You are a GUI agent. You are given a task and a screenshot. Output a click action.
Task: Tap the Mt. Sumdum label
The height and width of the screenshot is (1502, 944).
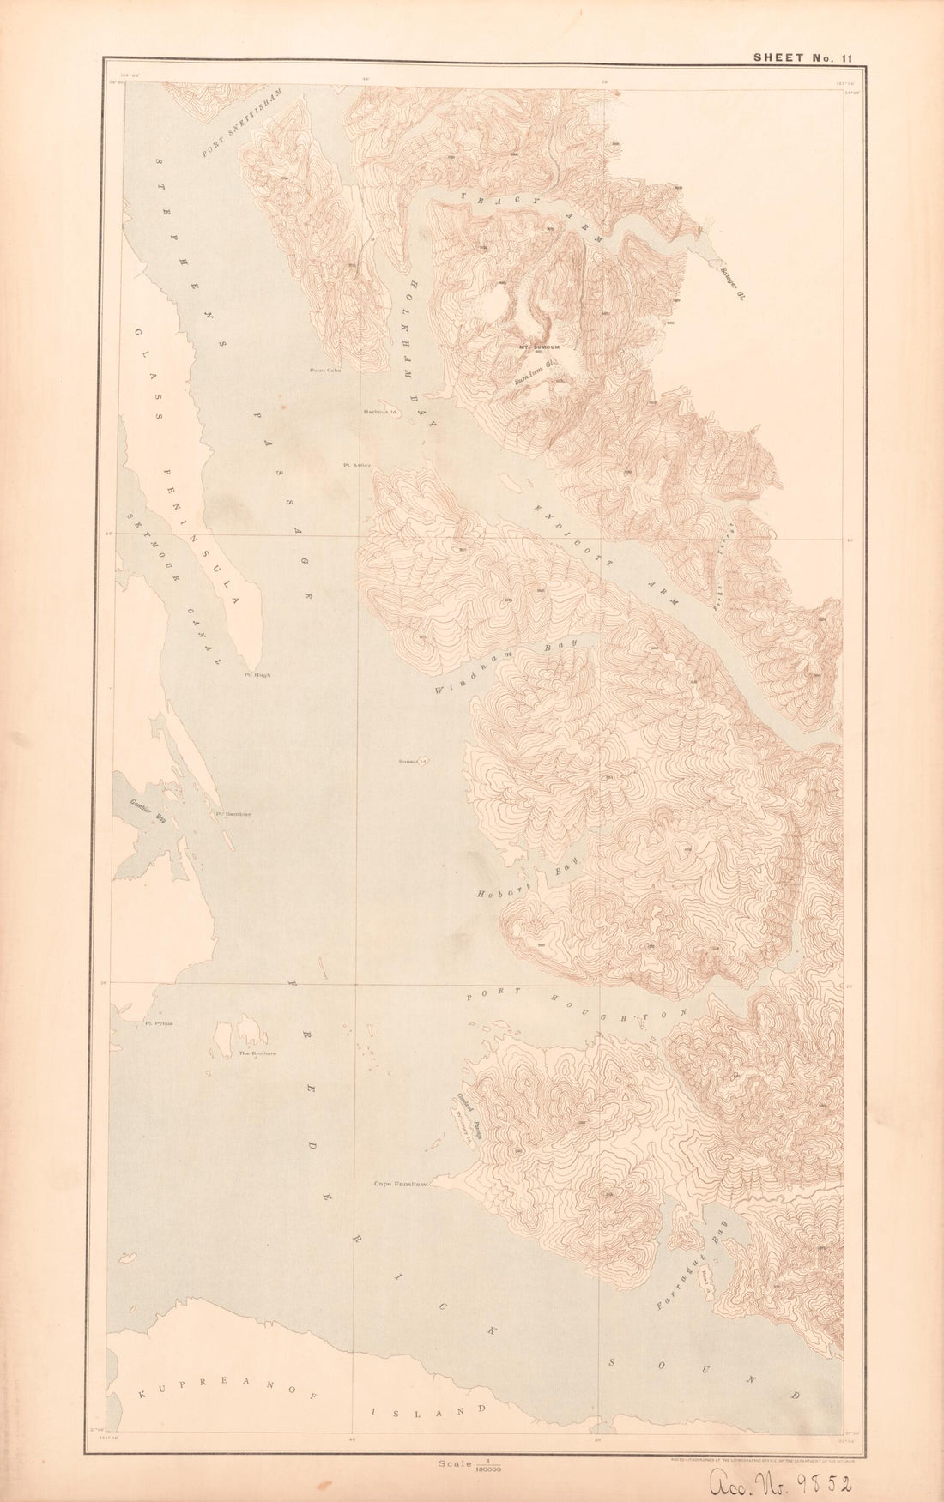click(539, 347)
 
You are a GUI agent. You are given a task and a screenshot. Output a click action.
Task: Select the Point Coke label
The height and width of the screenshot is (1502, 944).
click(326, 371)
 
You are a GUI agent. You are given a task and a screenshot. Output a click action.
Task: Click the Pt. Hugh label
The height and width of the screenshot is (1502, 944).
click(257, 675)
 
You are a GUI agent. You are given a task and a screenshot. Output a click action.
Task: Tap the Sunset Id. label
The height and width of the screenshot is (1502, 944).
click(413, 761)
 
